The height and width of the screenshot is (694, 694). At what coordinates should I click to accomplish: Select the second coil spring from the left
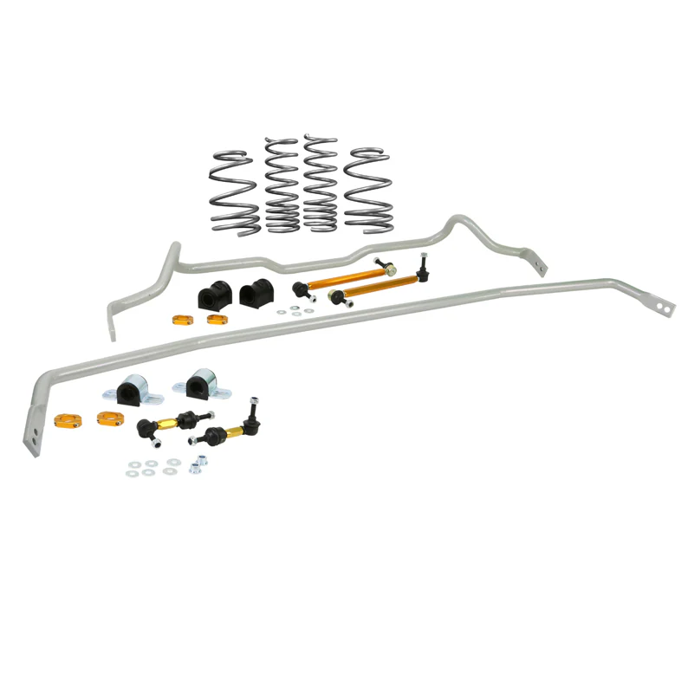pos(282,186)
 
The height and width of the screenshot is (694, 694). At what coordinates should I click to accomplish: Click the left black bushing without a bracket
pos(212,295)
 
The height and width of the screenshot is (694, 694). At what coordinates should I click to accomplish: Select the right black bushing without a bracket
pos(254,295)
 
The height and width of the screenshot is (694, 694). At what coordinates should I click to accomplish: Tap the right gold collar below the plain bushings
pos(217,319)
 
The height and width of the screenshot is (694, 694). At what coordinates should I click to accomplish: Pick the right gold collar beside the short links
pos(109,418)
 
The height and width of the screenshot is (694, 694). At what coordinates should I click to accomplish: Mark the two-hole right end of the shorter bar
pos(540,262)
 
